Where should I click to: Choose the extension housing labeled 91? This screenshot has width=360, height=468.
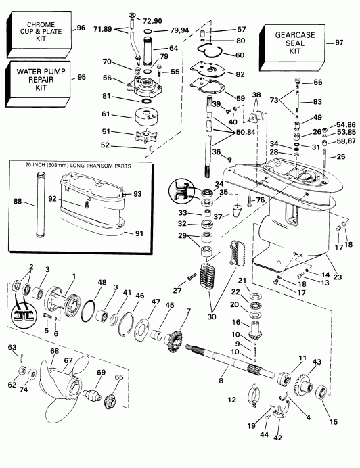pyautogui.click(x=95, y=223)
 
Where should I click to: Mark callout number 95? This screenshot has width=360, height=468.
pyautogui.click(x=82, y=77)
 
